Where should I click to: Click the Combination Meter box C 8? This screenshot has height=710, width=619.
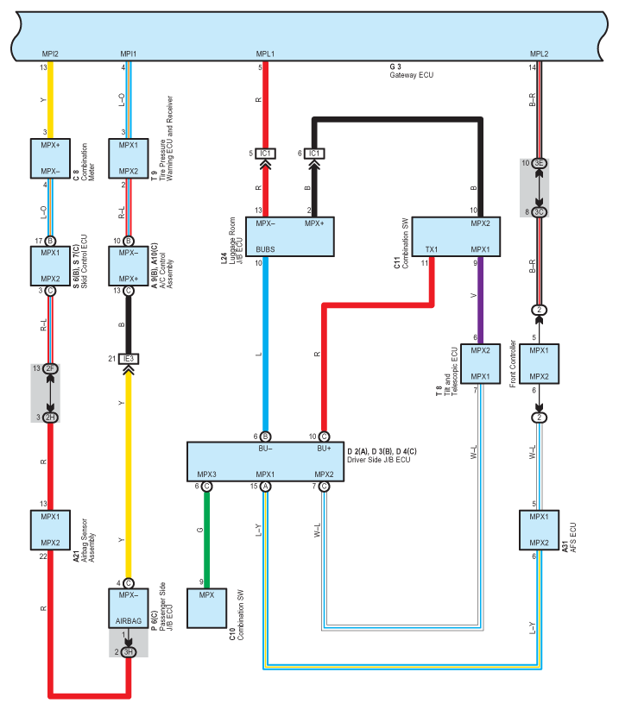coord(50,159)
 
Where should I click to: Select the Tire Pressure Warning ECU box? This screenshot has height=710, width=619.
coord(129,159)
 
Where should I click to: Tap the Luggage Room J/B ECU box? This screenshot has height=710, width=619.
coord(290,237)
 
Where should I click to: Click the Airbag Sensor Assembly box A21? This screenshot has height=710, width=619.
coord(50,530)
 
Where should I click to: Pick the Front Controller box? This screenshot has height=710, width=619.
coord(539,363)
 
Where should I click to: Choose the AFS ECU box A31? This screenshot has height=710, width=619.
coord(539,530)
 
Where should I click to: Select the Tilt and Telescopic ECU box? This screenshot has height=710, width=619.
coord(480,363)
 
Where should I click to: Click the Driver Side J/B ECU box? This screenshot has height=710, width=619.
coord(266,462)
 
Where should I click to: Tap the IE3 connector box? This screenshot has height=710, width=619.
coord(129,359)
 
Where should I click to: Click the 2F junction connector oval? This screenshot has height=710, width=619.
coord(50,368)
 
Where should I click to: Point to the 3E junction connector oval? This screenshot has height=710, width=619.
coord(539,163)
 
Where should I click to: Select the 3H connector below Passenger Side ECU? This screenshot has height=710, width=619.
coord(129,652)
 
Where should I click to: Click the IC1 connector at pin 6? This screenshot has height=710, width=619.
coord(314,154)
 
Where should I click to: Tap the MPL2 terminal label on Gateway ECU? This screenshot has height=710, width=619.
coord(540,53)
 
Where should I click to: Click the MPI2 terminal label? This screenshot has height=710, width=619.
coord(50,53)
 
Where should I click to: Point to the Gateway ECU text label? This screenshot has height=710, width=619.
coord(412,75)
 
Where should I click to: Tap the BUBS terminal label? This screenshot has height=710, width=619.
coord(265,249)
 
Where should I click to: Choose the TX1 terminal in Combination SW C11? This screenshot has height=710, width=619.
coord(432,249)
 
